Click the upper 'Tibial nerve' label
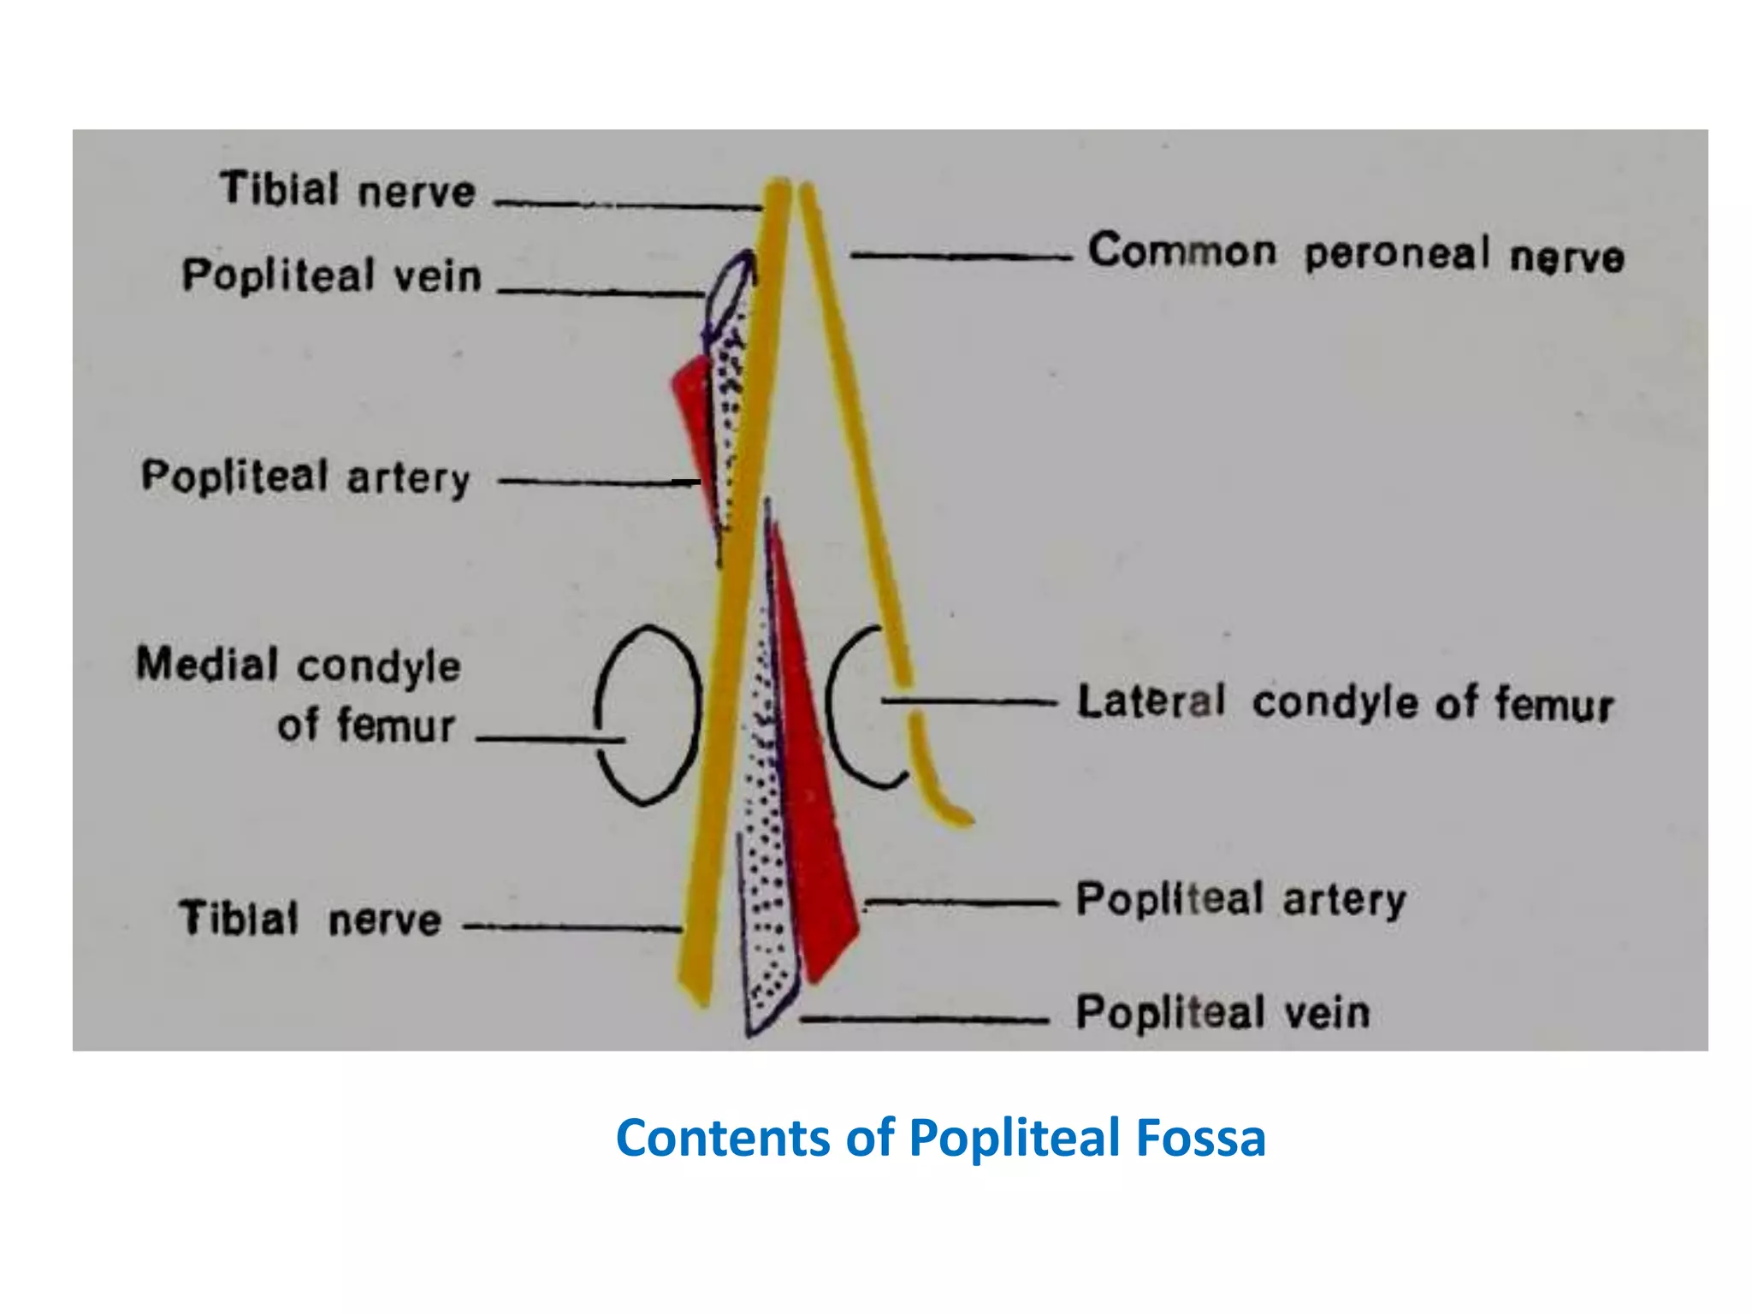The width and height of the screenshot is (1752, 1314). (x=347, y=190)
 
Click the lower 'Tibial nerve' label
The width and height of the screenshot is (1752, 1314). (x=310, y=919)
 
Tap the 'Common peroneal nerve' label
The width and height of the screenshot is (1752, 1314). (x=1355, y=253)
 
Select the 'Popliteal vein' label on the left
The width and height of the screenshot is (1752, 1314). (x=332, y=275)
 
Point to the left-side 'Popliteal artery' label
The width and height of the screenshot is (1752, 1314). (x=305, y=476)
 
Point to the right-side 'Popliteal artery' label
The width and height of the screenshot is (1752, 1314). (x=1240, y=899)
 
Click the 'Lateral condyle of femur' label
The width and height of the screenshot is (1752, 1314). (x=1345, y=702)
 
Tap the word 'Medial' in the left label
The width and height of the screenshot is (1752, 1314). (x=207, y=665)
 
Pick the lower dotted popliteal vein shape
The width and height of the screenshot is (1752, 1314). (x=766, y=898)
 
